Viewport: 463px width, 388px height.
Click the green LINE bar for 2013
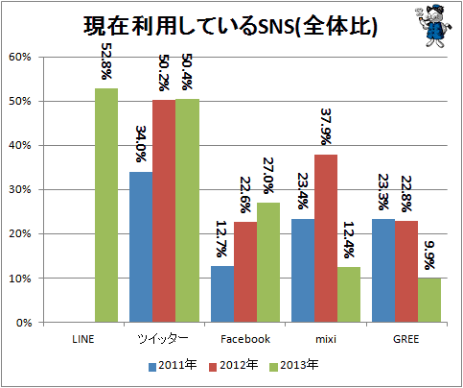pyautogui.click(x=106, y=206)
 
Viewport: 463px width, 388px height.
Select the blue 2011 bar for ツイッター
pyautogui.click(x=141, y=247)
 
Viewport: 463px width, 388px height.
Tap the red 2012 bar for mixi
pyautogui.click(x=326, y=238)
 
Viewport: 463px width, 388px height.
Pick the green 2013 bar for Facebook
pyautogui.click(x=268, y=262)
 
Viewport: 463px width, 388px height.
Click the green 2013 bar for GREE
pyautogui.click(x=429, y=300)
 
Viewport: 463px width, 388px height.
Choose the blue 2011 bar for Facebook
pyautogui.click(x=222, y=294)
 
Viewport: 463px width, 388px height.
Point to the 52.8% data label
pyautogui.click(x=106, y=61)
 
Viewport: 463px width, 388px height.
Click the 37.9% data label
pyautogui.click(x=326, y=127)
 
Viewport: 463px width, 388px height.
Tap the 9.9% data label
pyautogui.click(x=429, y=255)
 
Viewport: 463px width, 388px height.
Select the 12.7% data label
pyautogui.click(x=221, y=239)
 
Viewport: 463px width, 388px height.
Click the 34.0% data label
pyautogui.click(x=141, y=144)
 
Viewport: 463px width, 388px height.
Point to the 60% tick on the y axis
pyautogui.click(x=20, y=57)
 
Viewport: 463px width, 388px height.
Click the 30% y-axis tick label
pyautogui.click(x=20, y=189)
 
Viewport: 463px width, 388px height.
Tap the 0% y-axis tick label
pyautogui.click(x=24, y=323)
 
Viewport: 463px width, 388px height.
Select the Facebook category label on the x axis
pyautogui.click(x=245, y=339)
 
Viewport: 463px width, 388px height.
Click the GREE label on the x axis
pyautogui.click(x=405, y=339)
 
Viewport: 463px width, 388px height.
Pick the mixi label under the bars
pyautogui.click(x=326, y=339)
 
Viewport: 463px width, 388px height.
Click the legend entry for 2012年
pyautogui.click(x=234, y=365)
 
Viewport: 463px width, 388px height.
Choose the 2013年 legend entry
pyautogui.click(x=294, y=365)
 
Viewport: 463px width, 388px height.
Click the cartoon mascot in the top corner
pyautogui.click(x=434, y=26)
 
